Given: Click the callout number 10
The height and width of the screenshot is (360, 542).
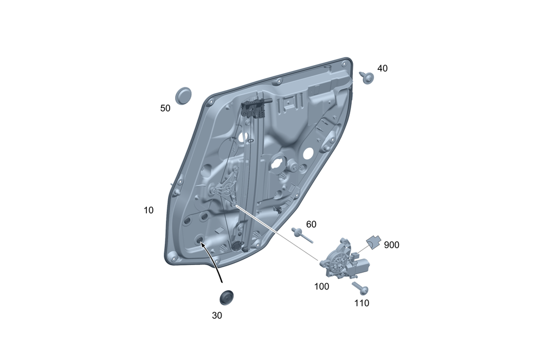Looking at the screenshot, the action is [149, 210].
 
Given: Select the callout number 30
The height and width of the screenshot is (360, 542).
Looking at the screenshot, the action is [217, 316].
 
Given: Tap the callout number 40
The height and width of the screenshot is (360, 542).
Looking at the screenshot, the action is [382, 68].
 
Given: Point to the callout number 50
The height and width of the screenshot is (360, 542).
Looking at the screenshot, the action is [165, 108].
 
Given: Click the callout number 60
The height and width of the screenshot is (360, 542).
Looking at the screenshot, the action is [311, 224].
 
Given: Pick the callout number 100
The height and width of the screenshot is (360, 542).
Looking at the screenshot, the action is [321, 286].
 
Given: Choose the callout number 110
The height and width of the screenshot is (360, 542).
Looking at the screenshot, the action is [362, 303].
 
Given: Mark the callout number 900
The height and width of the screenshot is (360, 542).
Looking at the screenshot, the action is [392, 245].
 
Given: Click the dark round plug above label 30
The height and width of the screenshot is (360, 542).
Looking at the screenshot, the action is [227, 298].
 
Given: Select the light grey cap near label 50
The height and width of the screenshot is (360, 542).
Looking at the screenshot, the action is [183, 96].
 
